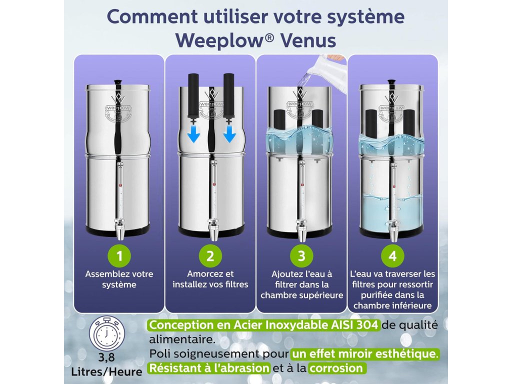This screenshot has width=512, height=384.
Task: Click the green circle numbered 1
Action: click(x=119, y=256)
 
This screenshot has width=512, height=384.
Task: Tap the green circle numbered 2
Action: click(x=210, y=256)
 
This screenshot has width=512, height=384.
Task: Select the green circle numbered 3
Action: click(x=301, y=256)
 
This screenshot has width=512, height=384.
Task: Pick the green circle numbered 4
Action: click(x=392, y=256)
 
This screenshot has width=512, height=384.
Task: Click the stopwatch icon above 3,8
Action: click(x=107, y=333)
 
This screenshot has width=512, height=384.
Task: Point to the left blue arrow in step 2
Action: click(x=193, y=134)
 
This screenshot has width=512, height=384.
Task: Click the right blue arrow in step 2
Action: click(x=229, y=134)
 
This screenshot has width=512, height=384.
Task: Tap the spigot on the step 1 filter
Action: click(x=119, y=227)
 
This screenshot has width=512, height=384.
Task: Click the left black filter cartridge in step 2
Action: click(x=193, y=96)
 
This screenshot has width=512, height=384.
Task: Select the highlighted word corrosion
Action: click(x=336, y=368)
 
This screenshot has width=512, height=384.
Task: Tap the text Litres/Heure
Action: click(x=107, y=371)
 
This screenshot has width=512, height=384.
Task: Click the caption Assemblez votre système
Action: click(x=119, y=279)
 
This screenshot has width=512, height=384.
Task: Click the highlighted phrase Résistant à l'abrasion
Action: click(x=209, y=368)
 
